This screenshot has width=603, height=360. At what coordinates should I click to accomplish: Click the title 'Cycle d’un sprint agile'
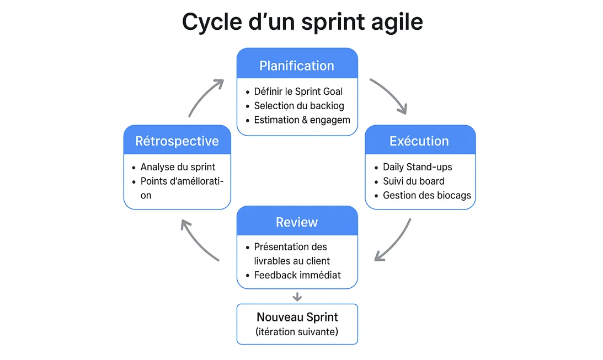pyautogui.click(x=302, y=22)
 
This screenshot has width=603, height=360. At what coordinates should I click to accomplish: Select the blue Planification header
pyautogui.click(x=297, y=66)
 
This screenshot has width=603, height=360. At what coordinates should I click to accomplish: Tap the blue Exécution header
pyautogui.click(x=419, y=141)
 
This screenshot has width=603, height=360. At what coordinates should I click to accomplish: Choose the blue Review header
pyautogui.click(x=297, y=222)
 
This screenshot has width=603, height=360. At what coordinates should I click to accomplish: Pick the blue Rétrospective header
pyautogui.click(x=177, y=141)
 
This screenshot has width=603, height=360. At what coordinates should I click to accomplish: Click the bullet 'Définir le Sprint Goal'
pyautogui.click(x=298, y=92)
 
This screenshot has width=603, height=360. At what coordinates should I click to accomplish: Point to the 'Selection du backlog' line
pyautogui.click(x=298, y=105)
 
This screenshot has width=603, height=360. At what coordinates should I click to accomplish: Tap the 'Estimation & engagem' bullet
pyautogui.click(x=302, y=120)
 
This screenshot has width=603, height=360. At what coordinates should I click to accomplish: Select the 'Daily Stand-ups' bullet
pyautogui.click(x=417, y=166)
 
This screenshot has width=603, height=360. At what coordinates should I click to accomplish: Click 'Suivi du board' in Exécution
pyautogui.click(x=413, y=181)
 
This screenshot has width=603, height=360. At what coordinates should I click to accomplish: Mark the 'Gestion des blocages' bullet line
pyautogui.click(x=426, y=195)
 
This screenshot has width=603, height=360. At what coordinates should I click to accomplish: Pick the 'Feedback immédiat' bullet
pyautogui.click(x=297, y=275)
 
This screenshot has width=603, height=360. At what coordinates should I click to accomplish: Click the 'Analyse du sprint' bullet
pyautogui.click(x=178, y=166)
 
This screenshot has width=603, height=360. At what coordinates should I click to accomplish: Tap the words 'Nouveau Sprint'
pyautogui.click(x=297, y=317)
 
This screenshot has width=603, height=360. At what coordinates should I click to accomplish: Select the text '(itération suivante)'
pyautogui.click(x=297, y=331)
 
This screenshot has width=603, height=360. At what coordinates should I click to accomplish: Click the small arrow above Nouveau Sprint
pyautogui.click(x=297, y=297)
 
